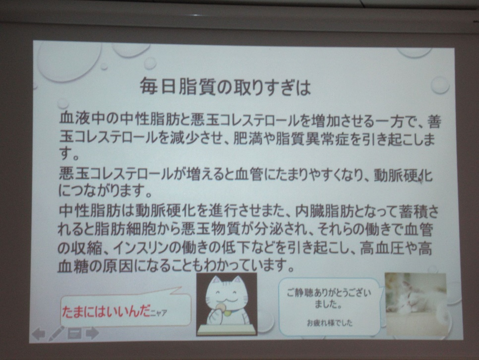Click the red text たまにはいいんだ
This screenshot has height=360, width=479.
point(106,312)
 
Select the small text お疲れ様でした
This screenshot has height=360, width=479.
point(329,323)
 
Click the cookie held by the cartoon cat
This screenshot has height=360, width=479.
point(220,306)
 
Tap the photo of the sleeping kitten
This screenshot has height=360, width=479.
point(416,304)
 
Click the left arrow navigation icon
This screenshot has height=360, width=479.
point(39,334)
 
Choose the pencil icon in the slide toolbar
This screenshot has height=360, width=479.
point(56,333)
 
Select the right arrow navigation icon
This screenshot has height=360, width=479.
point(92,333)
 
